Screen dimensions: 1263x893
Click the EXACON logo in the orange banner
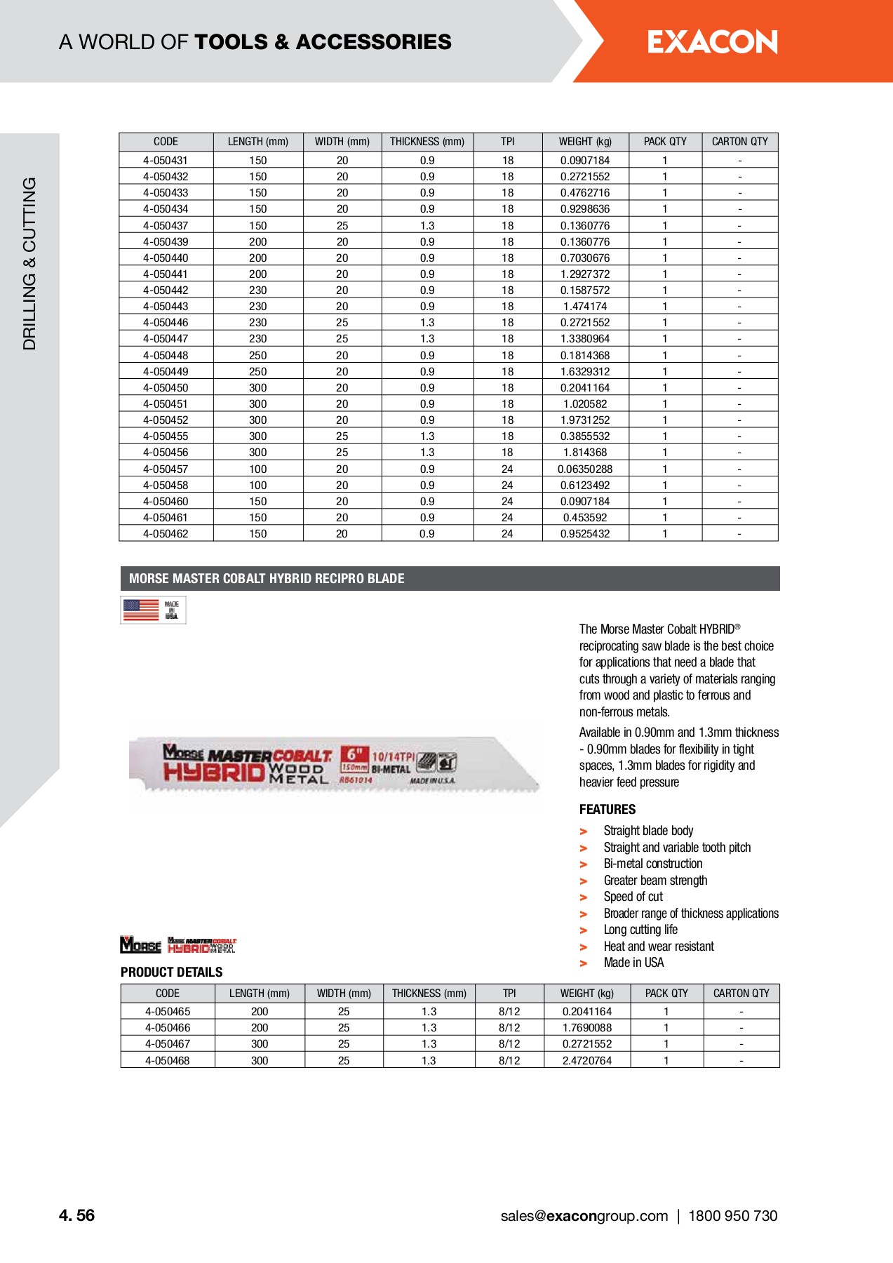point(712,42)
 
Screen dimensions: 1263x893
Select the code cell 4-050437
point(166,225)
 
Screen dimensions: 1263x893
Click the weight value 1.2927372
point(585,274)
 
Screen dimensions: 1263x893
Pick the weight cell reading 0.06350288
point(585,469)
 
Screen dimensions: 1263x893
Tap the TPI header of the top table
point(507,142)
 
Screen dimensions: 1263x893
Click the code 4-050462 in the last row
point(166,533)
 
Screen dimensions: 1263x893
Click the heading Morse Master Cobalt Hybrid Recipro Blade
point(267,579)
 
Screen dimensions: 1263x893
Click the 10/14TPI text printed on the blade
point(393,756)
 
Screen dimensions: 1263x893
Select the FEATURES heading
point(607,809)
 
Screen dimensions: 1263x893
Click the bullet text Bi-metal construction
point(652,864)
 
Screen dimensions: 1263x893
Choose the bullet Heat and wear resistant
point(658,947)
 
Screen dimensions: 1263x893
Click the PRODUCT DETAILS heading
point(171,972)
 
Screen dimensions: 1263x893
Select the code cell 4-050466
point(168,1027)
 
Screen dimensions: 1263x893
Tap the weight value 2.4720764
point(587,1060)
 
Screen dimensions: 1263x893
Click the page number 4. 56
point(76,1216)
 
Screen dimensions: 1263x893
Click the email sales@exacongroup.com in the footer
point(584,1216)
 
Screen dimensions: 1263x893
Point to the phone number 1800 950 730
point(732,1216)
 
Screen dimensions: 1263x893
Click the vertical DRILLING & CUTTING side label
point(29,263)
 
